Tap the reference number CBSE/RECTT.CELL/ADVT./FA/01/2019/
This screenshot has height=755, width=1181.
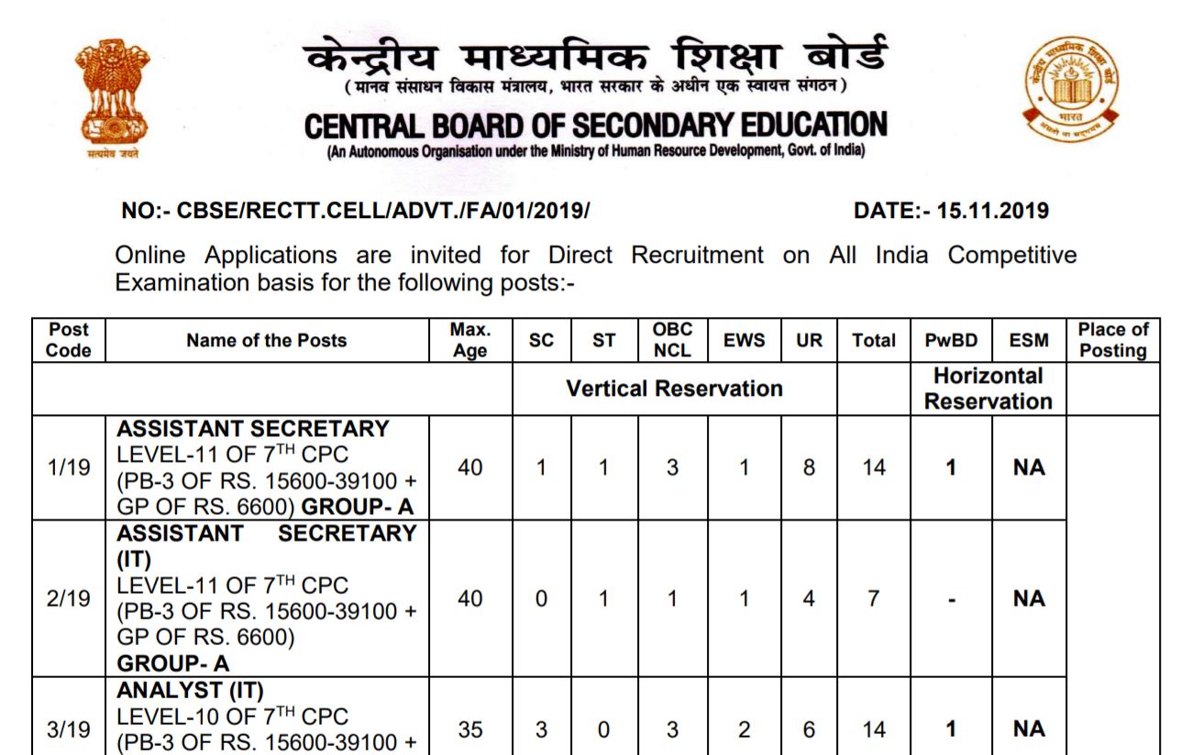[356, 211]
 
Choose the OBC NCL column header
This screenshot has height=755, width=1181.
[674, 340]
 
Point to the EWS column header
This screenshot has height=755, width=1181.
[744, 340]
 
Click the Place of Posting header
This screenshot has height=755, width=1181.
[1112, 340]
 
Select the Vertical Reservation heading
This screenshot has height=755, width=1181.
[676, 388]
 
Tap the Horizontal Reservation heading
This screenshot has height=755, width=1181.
[988, 388]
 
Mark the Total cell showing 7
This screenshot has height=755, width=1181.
[874, 597]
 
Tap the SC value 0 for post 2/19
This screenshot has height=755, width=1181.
[542, 597]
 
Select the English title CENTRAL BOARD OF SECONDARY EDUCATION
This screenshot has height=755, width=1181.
[594, 127]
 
